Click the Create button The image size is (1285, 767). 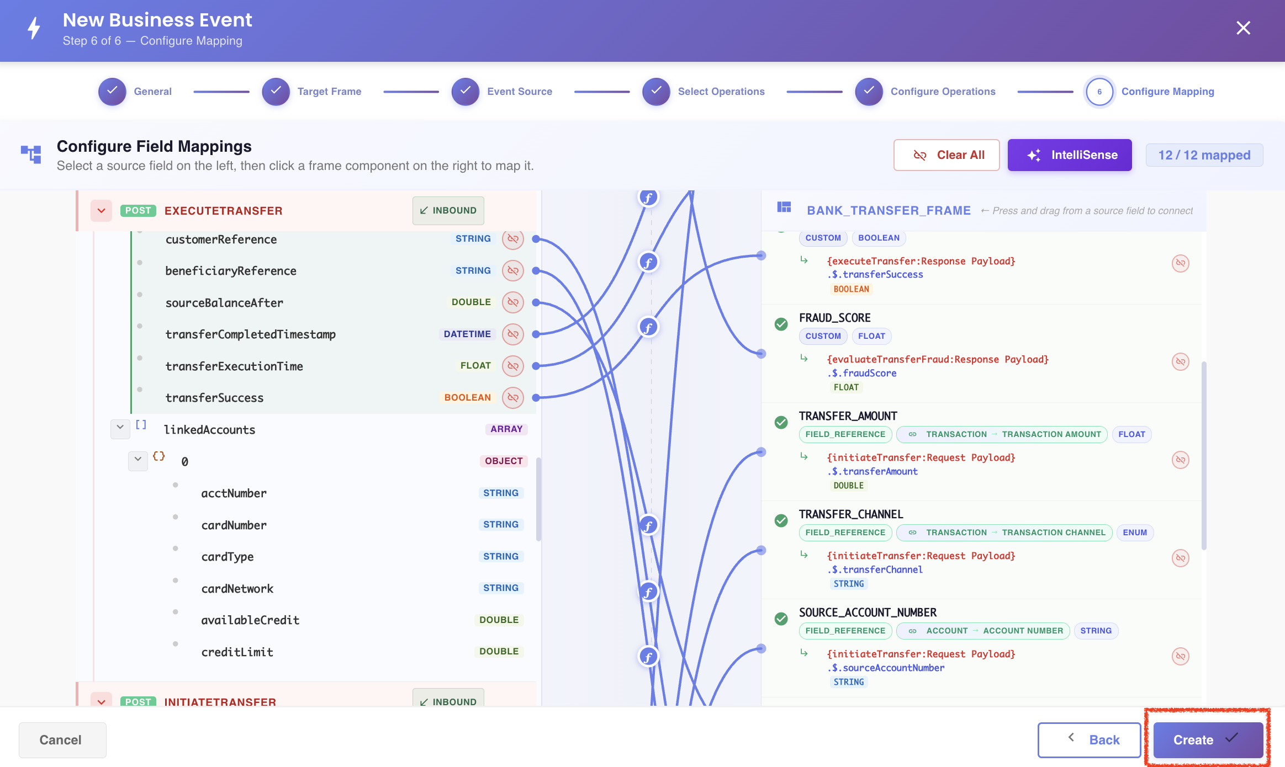tap(1208, 740)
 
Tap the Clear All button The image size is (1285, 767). tap(946, 155)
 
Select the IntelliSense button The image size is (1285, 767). tap(1070, 155)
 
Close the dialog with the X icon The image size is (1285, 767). tap(1243, 28)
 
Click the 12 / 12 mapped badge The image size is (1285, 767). tap(1204, 155)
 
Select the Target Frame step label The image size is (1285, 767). tap(329, 92)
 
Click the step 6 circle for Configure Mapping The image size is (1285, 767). tap(1099, 92)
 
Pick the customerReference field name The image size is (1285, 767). tap(221, 239)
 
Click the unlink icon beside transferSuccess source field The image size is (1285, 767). tap(513, 398)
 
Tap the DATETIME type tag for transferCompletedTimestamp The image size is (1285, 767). tap(467, 334)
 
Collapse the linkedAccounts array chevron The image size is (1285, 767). tap(120, 428)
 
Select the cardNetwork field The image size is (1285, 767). tap(237, 589)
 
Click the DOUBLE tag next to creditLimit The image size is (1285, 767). tap(499, 652)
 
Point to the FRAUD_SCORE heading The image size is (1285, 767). tap(834, 318)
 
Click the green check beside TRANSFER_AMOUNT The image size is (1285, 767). tap(781, 423)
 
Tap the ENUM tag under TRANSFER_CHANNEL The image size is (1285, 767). tap(1135, 532)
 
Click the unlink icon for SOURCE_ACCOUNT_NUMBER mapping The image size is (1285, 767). tap(1180, 656)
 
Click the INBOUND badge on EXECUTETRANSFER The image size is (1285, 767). tap(448, 211)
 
